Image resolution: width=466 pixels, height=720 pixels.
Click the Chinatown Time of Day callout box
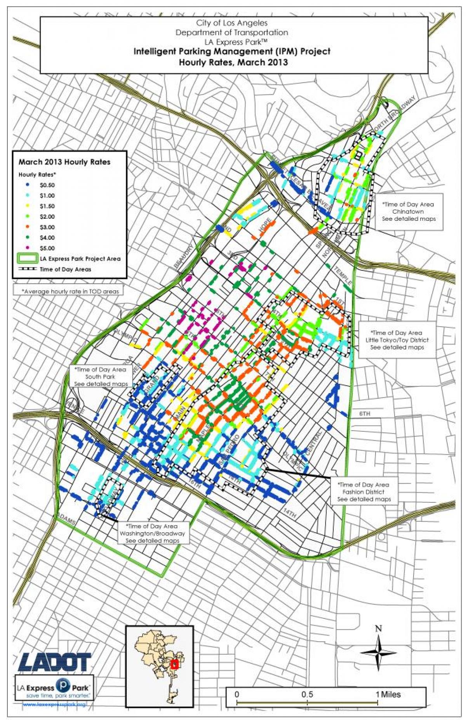408,211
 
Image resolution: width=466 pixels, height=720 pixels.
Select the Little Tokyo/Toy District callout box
396,340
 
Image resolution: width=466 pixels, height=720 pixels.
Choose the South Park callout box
101,376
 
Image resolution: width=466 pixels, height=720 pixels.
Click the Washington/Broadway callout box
152,533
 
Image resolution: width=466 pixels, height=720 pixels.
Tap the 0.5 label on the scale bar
307,694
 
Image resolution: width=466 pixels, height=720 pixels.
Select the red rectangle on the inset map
174,664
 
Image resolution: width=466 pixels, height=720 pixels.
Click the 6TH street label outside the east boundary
365,414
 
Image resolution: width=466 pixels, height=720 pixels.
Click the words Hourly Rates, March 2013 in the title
233,62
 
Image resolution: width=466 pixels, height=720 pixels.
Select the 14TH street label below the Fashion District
290,513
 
